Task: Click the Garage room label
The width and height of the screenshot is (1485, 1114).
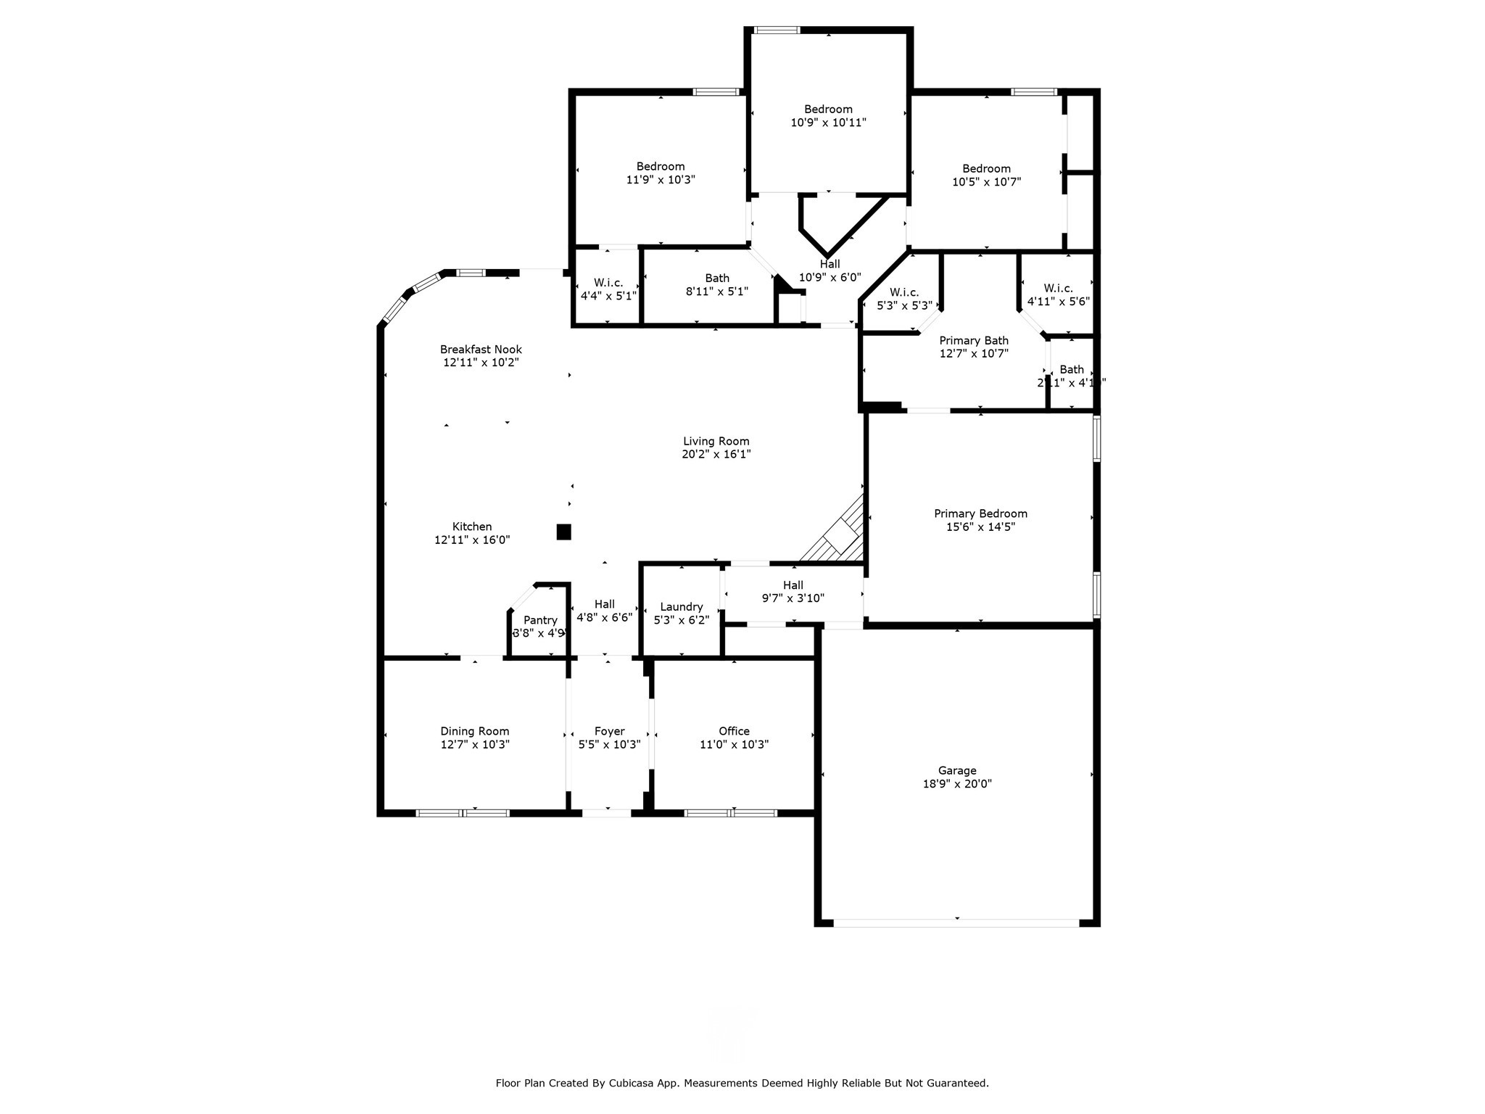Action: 956,770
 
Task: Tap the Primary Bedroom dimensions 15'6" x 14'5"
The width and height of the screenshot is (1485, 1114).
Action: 980,527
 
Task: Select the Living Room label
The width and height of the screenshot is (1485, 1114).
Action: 716,441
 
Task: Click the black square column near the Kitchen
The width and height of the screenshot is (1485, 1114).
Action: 563,532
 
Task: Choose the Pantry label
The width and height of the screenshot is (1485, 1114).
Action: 540,620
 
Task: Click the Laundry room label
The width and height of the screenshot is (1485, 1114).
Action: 681,606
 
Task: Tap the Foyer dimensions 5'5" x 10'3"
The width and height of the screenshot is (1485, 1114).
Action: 609,744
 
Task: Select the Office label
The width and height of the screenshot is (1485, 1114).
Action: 734,731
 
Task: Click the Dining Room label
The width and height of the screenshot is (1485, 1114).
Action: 474,731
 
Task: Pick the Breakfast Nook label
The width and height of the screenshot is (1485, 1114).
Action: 481,350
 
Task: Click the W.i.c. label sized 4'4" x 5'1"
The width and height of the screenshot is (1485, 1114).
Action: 608,283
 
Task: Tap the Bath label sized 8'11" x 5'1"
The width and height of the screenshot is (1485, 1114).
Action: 717,278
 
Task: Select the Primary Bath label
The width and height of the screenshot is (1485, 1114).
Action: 974,341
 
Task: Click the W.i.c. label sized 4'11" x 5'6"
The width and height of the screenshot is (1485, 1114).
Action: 1058,288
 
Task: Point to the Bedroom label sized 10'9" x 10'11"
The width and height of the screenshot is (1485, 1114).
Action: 828,110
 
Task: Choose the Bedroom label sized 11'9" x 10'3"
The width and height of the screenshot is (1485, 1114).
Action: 660,166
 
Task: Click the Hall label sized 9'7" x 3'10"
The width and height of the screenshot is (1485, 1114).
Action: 793,585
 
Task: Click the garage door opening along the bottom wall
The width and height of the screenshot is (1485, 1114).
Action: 956,923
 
